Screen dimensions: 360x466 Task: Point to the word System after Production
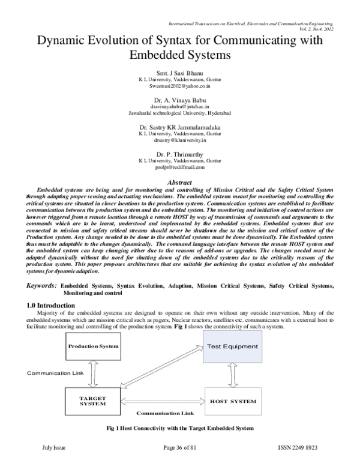pos(109,346)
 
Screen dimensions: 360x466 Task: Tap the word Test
pos(214,346)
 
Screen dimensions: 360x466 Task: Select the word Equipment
pos(240,346)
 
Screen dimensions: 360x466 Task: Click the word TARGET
pos(92,398)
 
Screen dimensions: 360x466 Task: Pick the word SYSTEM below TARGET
pos(92,404)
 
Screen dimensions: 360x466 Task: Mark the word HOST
pos(220,401)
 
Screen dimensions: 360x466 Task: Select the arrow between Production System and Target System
pos(92,374)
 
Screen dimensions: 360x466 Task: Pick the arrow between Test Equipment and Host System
pos(232,375)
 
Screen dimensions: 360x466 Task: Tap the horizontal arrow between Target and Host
pos(162,401)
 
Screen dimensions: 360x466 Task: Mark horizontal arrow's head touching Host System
pos(202,401)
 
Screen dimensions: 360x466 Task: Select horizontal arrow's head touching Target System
pos(123,401)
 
